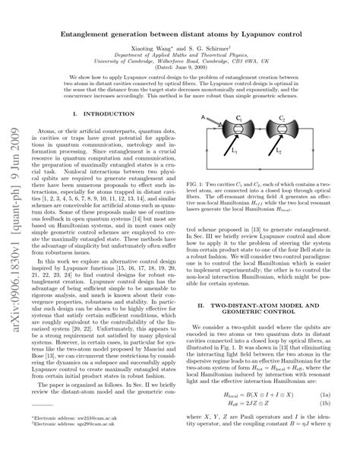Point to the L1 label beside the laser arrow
235,152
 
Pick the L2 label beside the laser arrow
300,152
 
